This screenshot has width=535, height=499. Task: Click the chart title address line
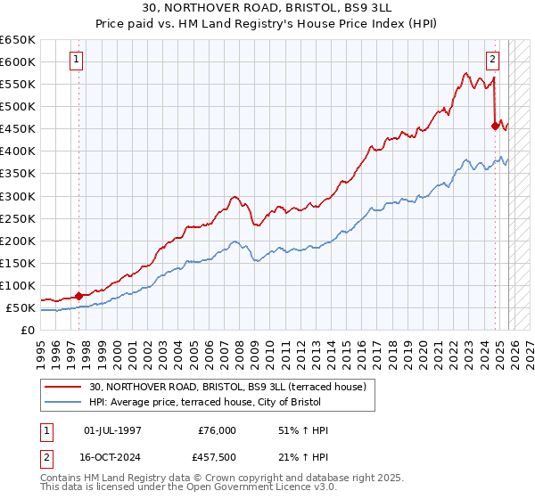267,7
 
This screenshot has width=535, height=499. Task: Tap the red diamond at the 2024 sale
496,126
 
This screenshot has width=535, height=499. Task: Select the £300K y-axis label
18,196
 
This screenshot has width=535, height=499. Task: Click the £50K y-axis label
21,308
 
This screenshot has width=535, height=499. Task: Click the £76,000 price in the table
218,430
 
